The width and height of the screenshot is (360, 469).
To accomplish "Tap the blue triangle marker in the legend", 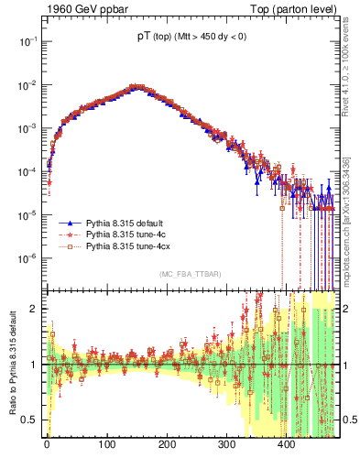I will click(71, 223).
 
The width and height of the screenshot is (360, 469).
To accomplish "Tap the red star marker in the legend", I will click(71, 234).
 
